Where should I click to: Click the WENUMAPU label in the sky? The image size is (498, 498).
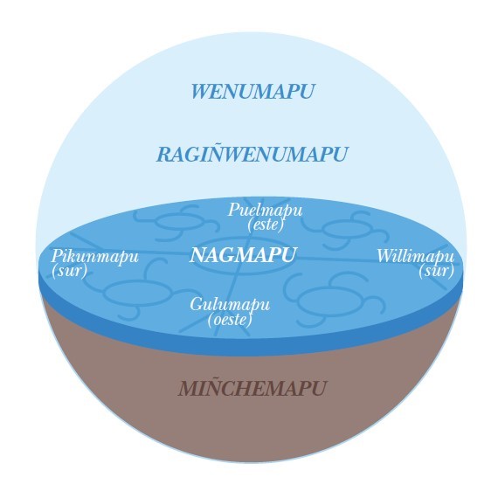click(252, 92)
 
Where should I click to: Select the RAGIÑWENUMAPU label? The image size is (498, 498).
click(252, 154)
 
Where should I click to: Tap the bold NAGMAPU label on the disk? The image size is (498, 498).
click(243, 255)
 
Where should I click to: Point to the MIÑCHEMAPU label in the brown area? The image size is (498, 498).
click(252, 388)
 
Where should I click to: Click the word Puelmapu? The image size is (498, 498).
click(266, 211)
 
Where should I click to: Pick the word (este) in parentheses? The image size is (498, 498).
click(266, 225)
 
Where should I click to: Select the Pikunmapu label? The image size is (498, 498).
click(95, 257)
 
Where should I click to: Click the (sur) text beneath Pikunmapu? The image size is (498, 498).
click(69, 271)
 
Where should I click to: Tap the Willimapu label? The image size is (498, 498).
click(415, 256)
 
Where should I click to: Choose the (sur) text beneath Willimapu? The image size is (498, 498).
click(436, 271)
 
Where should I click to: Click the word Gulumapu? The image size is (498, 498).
click(230, 305)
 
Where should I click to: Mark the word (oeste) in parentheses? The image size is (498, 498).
click(231, 320)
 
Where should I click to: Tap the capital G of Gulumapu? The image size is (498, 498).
click(197, 304)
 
